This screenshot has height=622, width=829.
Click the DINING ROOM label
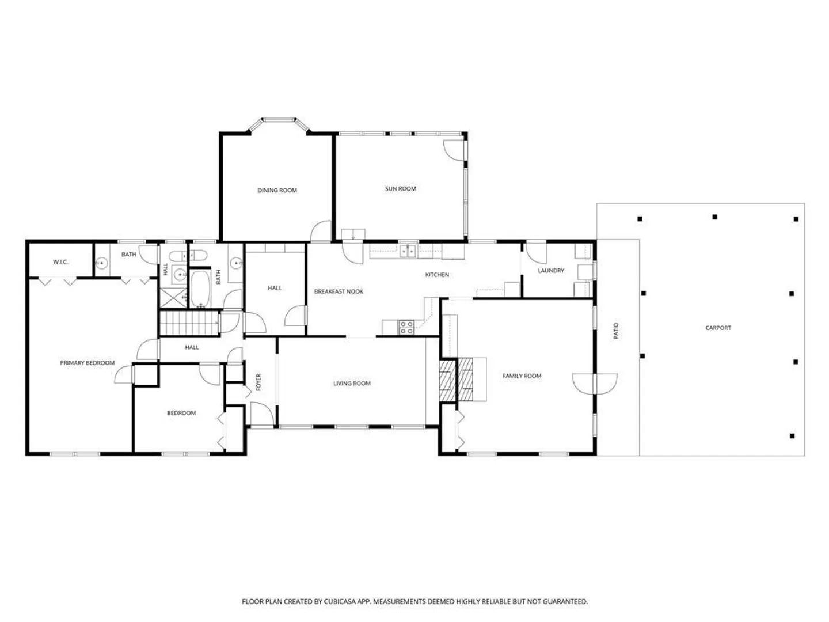(277, 190)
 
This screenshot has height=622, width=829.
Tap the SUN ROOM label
(400, 188)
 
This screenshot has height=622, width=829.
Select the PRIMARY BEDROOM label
(88, 363)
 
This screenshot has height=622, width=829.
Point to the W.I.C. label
(60, 262)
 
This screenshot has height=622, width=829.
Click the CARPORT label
(718, 328)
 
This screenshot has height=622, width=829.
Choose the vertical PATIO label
(616, 331)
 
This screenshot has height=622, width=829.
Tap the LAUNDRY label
(551, 271)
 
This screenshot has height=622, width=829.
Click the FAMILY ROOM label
(522, 376)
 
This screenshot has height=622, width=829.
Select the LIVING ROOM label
(352, 384)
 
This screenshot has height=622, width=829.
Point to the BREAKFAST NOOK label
(339, 291)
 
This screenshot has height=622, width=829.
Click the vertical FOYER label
(258, 382)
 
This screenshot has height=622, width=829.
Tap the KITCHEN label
(437, 275)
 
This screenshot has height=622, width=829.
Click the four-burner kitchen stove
(406, 328)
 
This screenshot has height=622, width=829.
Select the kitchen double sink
(408, 251)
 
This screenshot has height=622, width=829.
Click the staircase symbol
(189, 323)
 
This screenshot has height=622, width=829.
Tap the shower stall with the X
(173, 298)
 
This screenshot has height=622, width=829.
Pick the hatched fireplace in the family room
(456, 380)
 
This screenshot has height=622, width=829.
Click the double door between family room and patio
(595, 384)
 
